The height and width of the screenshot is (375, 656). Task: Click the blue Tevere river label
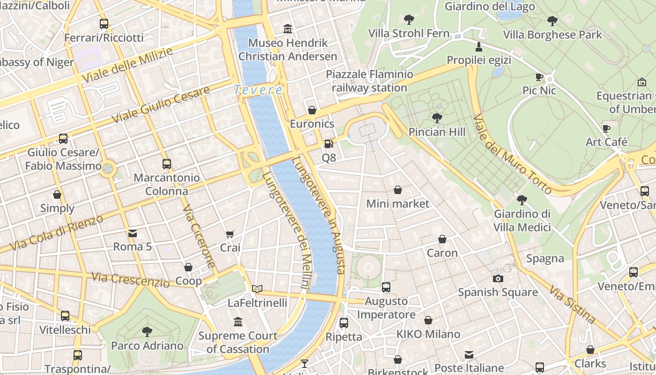coord(259,90)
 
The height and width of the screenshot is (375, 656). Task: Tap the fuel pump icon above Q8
coord(329,144)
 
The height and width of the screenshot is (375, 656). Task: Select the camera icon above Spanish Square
coord(498,278)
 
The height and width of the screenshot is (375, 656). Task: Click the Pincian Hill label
coord(437,132)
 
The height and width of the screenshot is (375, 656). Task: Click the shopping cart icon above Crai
coord(230,234)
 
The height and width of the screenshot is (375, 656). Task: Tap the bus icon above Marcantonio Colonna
coord(167,164)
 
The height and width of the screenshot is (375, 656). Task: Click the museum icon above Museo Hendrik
coord(288,30)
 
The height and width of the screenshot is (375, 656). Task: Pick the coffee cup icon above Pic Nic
coord(539,77)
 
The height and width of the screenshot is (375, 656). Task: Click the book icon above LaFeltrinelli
coord(257,289)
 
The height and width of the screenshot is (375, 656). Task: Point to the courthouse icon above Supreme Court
coord(238,322)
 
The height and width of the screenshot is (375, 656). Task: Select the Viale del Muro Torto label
coord(512,154)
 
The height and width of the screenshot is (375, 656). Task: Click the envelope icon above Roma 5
coord(133,233)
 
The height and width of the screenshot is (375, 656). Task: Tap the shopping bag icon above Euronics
coord(312,110)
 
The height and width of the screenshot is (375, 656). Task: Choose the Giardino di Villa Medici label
coord(522,221)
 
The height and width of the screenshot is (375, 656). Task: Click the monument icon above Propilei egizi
coord(478,46)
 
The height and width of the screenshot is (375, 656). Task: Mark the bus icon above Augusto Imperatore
coord(386,287)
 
